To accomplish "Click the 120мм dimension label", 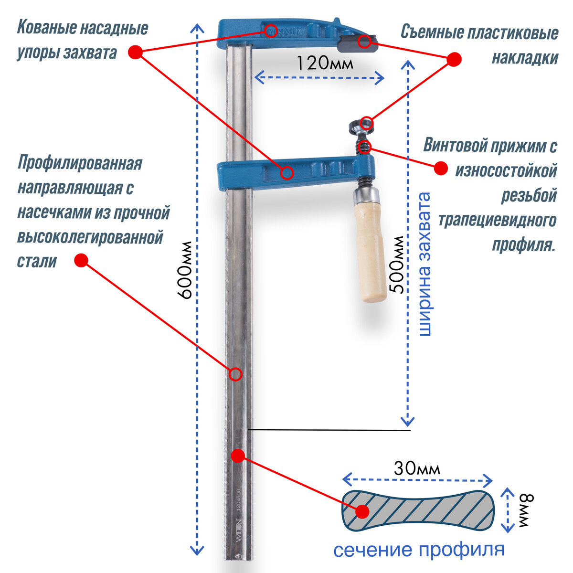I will (325, 63).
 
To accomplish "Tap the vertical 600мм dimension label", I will (185, 270).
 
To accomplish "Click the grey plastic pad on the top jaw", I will (357, 43).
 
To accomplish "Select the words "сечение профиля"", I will (418, 549).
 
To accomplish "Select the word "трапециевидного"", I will (497, 220).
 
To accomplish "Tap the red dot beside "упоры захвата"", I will (136, 52).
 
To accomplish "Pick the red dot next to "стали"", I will (81, 261).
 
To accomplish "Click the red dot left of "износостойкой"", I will (440, 168).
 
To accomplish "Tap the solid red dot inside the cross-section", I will (362, 511).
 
